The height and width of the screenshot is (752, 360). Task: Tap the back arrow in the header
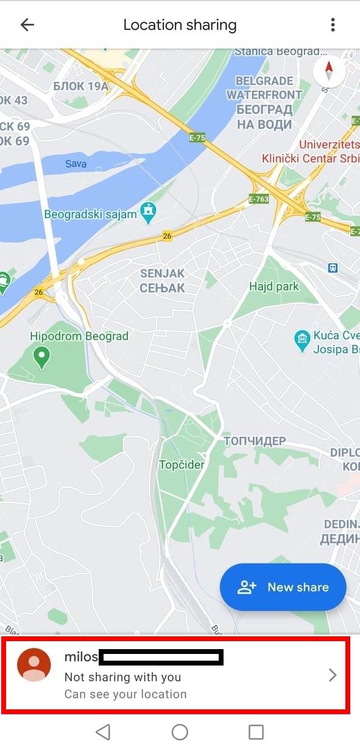click(27, 25)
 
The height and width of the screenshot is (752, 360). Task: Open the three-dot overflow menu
click(333, 25)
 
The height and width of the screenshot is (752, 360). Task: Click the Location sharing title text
click(180, 25)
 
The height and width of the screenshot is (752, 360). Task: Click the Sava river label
click(76, 163)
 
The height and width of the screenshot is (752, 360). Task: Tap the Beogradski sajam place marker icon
click(148, 212)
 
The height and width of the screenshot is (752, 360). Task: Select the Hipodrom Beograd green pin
click(41, 356)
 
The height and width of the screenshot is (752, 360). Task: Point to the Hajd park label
click(274, 286)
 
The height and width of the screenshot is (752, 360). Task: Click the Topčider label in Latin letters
click(182, 465)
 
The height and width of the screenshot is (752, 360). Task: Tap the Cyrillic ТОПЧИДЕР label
click(254, 441)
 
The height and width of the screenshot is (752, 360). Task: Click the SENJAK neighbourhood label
click(162, 273)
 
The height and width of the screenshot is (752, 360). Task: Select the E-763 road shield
click(259, 199)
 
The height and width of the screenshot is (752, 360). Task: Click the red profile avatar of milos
click(34, 665)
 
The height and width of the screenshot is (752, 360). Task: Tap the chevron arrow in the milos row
click(333, 675)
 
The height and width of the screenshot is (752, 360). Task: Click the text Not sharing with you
click(122, 677)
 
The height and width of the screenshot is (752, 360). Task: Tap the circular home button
click(180, 732)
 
